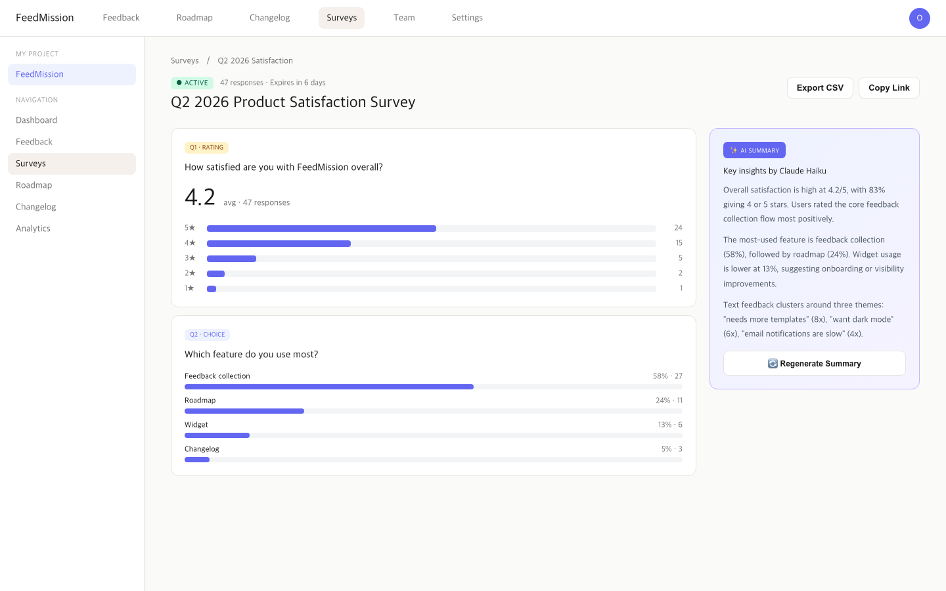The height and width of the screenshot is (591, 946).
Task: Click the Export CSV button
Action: [x=820, y=88]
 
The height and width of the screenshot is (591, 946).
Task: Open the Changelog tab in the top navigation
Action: [x=269, y=18]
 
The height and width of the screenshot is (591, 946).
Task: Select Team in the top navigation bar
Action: [x=404, y=18]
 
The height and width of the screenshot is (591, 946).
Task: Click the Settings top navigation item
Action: [x=467, y=18]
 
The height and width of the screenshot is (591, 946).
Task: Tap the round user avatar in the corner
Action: [x=919, y=18]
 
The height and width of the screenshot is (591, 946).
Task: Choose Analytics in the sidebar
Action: [x=33, y=229]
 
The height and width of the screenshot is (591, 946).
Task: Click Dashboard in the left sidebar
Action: [x=36, y=120]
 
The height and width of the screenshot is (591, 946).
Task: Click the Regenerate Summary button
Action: [x=814, y=363]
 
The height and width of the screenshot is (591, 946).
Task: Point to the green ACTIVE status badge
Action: [x=192, y=83]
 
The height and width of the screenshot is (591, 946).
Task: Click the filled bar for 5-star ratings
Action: [x=321, y=229]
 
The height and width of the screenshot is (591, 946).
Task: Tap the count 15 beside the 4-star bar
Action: [x=679, y=243]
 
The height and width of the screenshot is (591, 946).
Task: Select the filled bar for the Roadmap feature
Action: [x=244, y=411]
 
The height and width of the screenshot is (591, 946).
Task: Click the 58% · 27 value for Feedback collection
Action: [x=667, y=376]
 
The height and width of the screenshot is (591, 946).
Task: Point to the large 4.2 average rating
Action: [x=200, y=197]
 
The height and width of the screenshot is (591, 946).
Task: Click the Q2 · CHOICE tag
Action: [x=207, y=335]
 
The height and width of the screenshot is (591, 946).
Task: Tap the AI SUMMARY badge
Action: [x=754, y=150]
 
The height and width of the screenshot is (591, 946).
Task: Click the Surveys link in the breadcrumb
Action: [x=185, y=60]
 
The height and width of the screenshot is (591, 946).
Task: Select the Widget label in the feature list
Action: [x=196, y=425]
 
